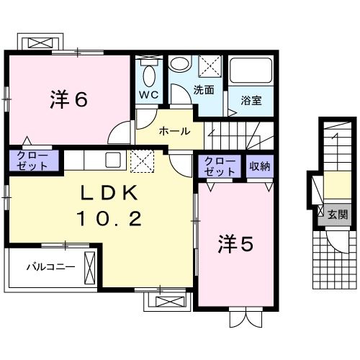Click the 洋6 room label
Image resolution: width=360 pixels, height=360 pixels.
(x=69, y=99)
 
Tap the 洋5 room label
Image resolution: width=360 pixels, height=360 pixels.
(x=236, y=246)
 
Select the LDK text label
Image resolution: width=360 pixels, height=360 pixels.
(x=118, y=192)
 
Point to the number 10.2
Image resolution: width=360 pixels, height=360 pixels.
(x=118, y=218)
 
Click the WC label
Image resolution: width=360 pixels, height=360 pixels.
(x=149, y=95)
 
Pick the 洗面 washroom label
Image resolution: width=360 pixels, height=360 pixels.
(x=204, y=91)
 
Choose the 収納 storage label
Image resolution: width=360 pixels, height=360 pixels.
(x=260, y=167)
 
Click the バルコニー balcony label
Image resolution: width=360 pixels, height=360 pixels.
(x=50, y=267)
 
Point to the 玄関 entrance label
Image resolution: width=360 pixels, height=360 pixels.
(x=338, y=214)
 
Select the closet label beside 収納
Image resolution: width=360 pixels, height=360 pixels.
(x=220, y=166)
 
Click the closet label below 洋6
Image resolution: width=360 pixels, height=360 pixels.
(x=30, y=160)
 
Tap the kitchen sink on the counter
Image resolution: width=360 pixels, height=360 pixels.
(x=114, y=158)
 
